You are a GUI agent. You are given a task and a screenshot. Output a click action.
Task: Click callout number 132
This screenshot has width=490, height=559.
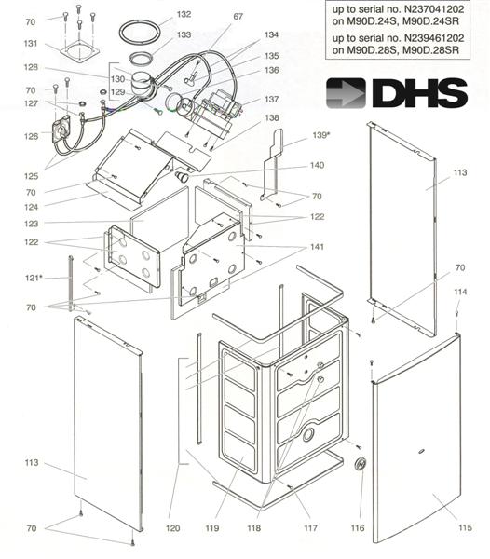[184, 15]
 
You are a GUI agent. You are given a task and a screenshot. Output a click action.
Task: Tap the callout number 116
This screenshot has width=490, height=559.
[358, 528]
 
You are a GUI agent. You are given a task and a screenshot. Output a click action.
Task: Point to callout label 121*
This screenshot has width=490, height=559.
[34, 278]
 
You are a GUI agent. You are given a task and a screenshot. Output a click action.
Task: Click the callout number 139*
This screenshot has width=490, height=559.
[321, 136]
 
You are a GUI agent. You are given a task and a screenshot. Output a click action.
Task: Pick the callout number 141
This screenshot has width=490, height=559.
[318, 246]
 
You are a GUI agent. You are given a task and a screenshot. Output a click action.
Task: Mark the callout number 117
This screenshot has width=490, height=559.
[311, 528]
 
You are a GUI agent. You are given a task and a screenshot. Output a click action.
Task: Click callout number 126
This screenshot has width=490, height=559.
[31, 136]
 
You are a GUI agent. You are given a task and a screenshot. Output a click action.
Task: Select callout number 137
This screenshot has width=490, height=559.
[271, 99]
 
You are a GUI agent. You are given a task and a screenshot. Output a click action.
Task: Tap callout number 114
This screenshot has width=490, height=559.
[459, 293]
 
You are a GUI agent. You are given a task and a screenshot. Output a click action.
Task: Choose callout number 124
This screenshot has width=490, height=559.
[31, 206]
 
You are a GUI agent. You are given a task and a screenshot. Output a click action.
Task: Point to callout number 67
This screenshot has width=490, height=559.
[238, 17]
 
